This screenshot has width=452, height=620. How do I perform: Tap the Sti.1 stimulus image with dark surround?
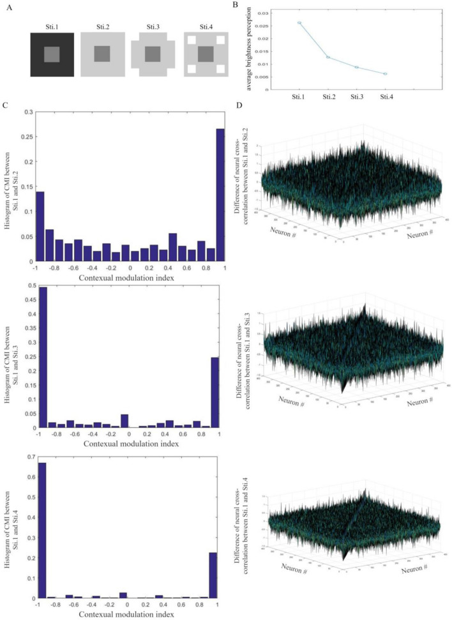[52, 54]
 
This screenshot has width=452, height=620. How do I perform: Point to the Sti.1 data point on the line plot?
[299, 23]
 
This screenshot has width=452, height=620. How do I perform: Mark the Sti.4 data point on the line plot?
[385, 74]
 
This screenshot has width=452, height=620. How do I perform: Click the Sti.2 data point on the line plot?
[328, 57]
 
